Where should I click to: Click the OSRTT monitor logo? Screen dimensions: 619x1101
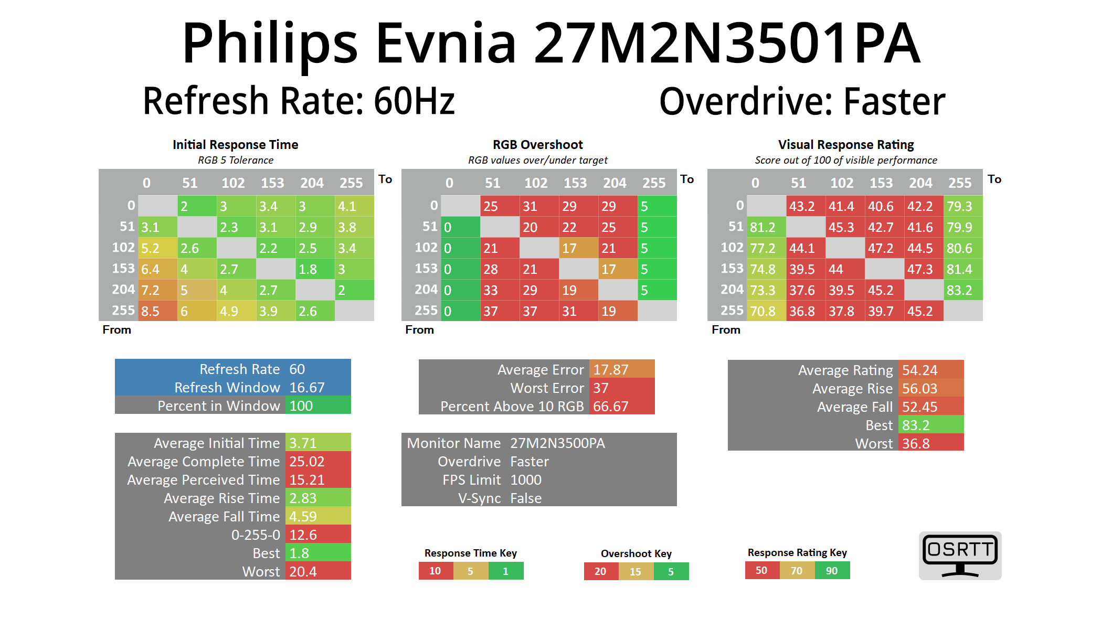point(960,556)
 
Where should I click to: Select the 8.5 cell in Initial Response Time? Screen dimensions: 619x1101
point(157,311)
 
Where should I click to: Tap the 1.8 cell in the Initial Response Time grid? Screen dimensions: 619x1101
point(315,269)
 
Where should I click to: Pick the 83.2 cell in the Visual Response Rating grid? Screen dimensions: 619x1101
point(963,290)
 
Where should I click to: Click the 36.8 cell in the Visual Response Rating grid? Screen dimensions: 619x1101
point(806,311)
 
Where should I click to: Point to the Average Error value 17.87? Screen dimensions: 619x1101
point(621,370)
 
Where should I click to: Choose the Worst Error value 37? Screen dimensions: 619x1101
point(621,388)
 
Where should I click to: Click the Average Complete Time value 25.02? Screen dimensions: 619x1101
point(317,462)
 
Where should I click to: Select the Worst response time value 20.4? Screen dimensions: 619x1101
point(317,571)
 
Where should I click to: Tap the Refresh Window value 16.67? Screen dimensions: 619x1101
point(317,388)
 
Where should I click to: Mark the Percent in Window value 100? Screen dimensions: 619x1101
point(317,406)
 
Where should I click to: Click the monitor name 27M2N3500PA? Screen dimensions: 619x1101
point(557,443)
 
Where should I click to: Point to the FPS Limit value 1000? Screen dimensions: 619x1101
point(526,480)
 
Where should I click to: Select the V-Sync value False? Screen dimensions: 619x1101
point(526,498)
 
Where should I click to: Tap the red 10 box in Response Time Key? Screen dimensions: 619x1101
point(436,571)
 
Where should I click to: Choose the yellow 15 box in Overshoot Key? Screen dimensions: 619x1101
point(636,571)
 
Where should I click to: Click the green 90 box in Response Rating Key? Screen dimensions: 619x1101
point(832,570)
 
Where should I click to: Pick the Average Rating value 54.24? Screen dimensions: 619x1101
point(930,370)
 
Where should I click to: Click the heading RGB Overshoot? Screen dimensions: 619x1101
point(537,145)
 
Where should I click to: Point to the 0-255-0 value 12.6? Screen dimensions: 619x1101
point(317,535)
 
